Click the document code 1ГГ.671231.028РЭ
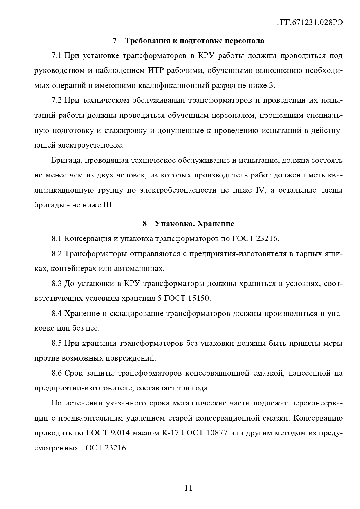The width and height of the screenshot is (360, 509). (310, 23)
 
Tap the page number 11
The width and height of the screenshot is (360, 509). (188, 488)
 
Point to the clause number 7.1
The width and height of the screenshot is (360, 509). (57, 56)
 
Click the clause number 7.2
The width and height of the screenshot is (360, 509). (57, 101)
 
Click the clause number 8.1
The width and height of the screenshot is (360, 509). (57, 239)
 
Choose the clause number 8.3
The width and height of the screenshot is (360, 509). (57, 283)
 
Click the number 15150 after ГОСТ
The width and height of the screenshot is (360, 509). (199, 298)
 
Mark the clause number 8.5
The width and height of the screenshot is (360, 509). (57, 343)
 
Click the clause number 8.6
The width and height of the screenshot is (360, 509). (57, 373)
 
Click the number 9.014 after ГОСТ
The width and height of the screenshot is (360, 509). (120, 433)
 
